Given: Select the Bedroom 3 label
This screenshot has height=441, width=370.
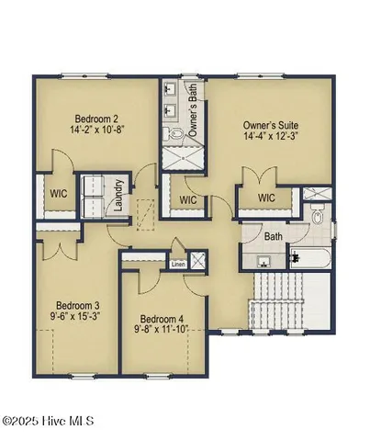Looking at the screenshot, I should [x=77, y=306].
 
